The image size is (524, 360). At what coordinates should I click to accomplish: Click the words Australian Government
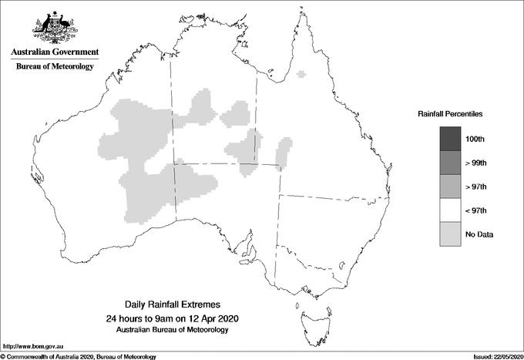click(x=55, y=52)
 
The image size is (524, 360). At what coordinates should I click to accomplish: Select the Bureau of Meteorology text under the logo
click(x=55, y=67)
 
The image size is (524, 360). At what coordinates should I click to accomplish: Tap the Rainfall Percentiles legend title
click(x=450, y=113)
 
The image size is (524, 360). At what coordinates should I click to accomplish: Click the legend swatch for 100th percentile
click(x=451, y=139)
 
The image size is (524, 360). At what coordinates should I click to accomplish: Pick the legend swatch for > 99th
click(x=451, y=163)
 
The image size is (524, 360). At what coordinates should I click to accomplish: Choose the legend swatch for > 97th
click(x=451, y=187)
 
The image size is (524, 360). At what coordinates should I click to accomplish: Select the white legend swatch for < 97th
click(x=451, y=210)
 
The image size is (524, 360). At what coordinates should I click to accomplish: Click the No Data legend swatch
click(x=451, y=234)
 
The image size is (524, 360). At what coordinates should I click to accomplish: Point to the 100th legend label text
click(x=485, y=139)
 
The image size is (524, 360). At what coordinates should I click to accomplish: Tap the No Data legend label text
click(x=488, y=234)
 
